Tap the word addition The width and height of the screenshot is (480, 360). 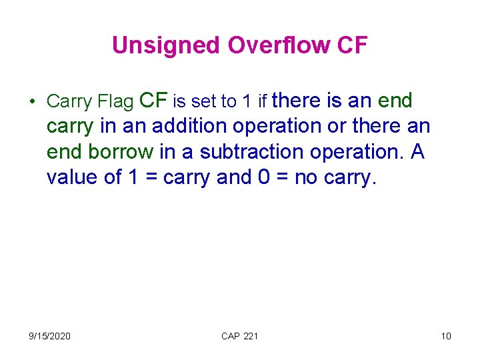point(159,127)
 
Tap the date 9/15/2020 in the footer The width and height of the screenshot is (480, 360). point(50,335)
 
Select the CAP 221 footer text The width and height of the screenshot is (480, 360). point(239,335)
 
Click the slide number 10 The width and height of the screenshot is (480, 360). point(446,335)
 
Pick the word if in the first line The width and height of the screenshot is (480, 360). point(263,102)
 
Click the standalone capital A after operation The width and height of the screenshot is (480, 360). point(417,152)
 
